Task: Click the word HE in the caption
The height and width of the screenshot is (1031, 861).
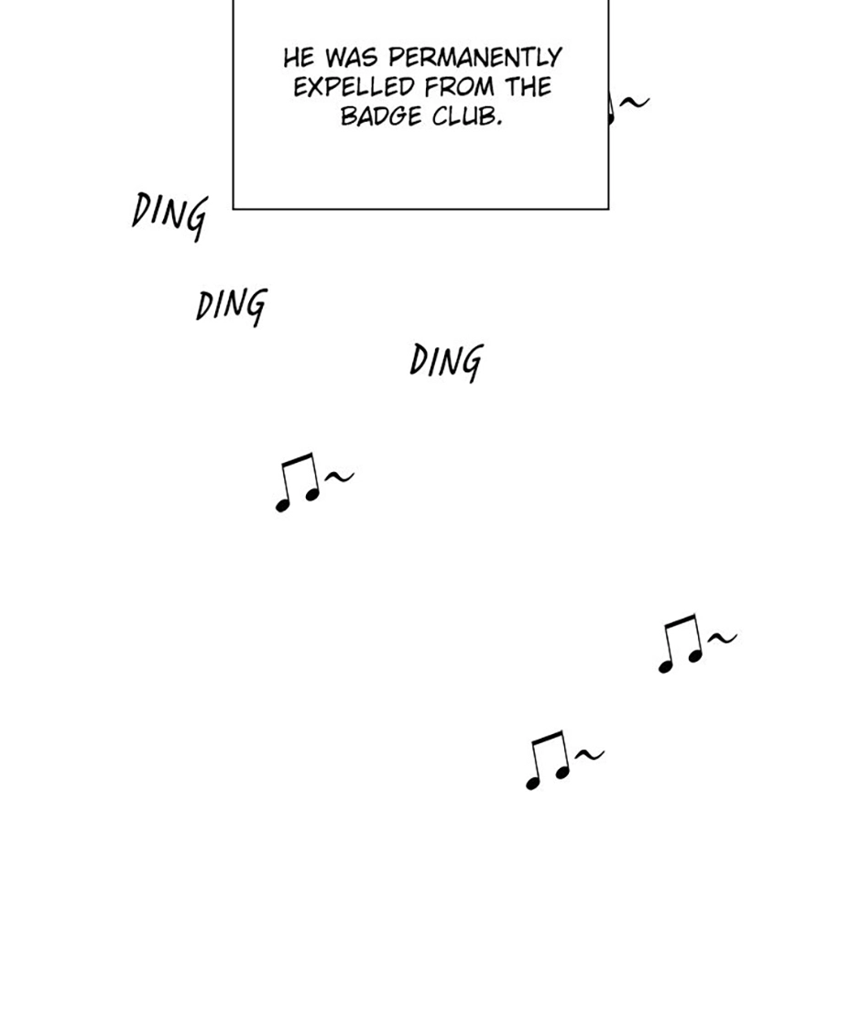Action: (x=299, y=58)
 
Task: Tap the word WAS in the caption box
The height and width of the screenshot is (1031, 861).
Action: (x=352, y=58)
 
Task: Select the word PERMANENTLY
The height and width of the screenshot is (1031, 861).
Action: (x=475, y=58)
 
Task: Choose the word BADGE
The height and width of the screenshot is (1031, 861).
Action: (x=381, y=117)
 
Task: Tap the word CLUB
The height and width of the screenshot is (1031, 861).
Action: (x=463, y=117)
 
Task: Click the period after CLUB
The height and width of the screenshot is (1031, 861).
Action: (x=499, y=124)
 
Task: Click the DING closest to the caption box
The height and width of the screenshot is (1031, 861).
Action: (x=169, y=215)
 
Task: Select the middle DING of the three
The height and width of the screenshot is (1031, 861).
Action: (x=232, y=305)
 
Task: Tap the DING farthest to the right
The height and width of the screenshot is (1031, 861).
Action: (x=446, y=361)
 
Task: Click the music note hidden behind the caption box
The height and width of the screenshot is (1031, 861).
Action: (x=611, y=108)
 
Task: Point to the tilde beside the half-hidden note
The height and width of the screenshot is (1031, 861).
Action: (x=635, y=102)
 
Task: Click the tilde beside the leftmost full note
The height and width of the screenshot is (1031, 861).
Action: (x=340, y=476)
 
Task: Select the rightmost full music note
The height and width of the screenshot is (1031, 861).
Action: (x=681, y=643)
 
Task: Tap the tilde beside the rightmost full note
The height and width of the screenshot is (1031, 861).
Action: (x=723, y=637)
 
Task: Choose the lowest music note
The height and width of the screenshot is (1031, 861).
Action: (x=548, y=760)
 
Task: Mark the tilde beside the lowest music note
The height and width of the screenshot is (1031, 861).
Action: (x=590, y=754)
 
